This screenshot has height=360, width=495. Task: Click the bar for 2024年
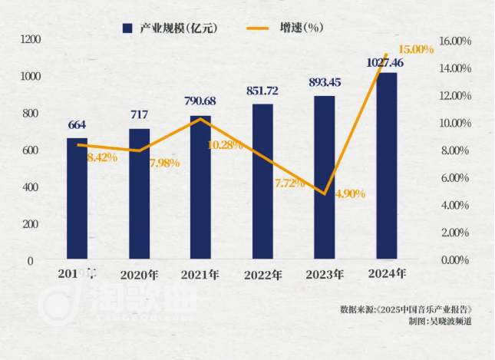click(386, 166)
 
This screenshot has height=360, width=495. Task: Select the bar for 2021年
click(200, 188)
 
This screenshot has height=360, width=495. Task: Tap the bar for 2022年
click(262, 182)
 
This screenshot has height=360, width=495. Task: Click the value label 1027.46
click(387, 62)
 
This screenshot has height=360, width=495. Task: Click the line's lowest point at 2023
click(325, 194)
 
